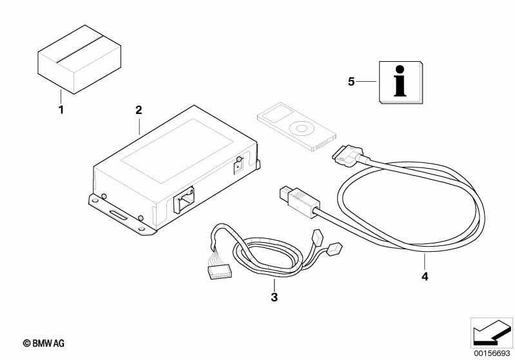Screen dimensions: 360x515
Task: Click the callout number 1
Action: [x=61, y=109]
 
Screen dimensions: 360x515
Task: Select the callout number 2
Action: [x=139, y=110]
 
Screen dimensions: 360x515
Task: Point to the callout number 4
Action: [x=424, y=276]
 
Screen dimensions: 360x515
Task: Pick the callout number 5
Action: [x=351, y=82]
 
